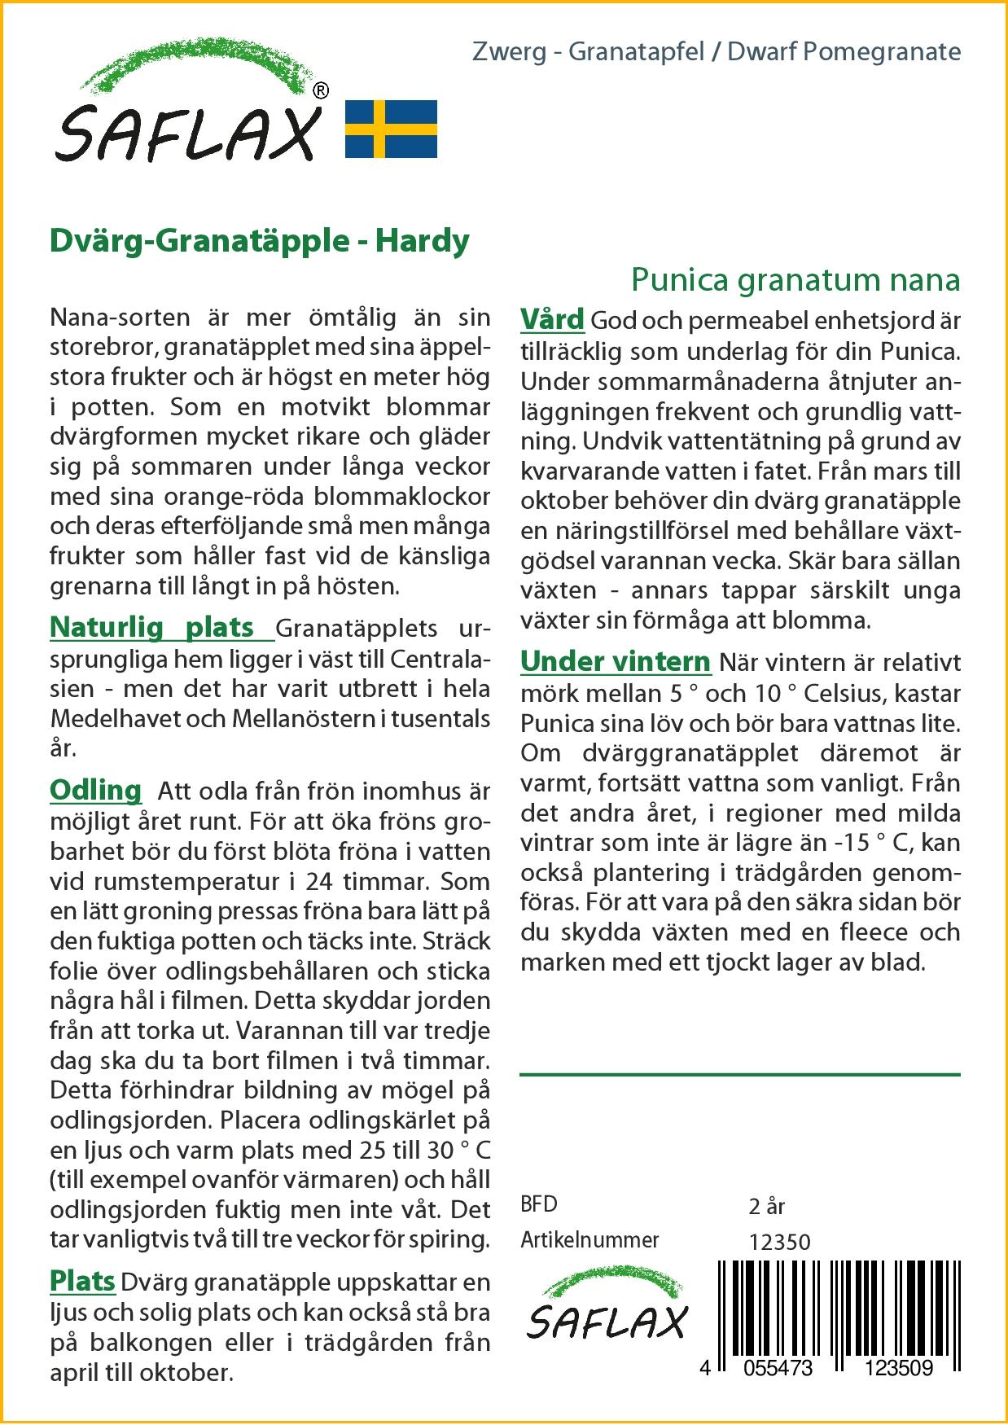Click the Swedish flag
391,129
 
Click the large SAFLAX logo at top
189,110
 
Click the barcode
839,1306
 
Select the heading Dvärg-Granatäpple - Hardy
260,241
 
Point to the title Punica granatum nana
795,279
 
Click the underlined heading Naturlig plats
152,628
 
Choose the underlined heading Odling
96,790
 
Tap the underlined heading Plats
82,1281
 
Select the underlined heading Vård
552,319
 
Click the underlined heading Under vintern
616,662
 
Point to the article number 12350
779,1242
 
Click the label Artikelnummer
589,1240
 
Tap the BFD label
539,1204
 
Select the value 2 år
766,1206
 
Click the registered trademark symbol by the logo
321,91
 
